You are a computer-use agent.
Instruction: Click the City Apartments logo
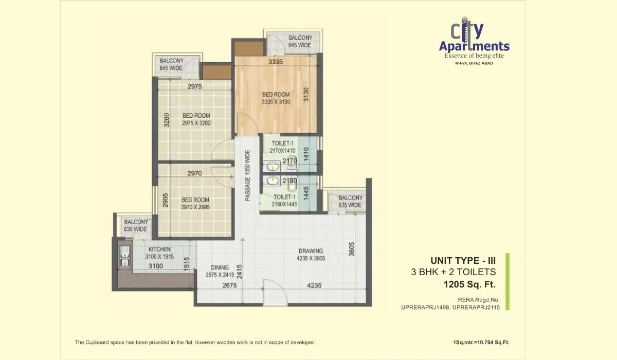474,41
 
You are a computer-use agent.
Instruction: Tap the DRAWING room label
311,255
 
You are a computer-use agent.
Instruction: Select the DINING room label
220,271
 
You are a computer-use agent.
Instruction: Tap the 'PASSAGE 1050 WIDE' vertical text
247,175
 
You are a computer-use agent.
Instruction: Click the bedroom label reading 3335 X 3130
276,98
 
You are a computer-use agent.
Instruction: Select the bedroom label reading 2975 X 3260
196,119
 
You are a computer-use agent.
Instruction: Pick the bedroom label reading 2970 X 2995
195,203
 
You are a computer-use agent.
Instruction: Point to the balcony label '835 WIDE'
350,202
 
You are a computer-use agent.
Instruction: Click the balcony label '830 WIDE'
136,226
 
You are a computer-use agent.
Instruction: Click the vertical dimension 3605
352,248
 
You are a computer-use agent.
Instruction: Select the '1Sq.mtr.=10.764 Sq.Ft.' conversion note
479,342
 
